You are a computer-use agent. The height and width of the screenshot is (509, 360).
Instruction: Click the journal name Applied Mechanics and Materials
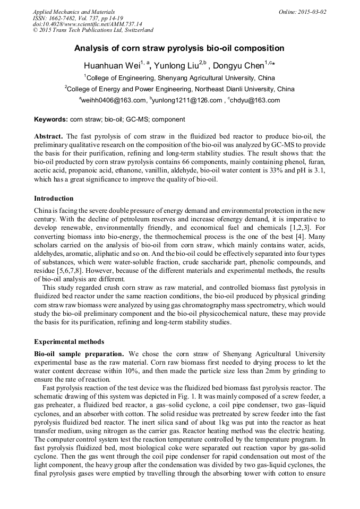tap(74, 12)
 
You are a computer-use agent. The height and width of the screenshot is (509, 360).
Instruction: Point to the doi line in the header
tap(88, 24)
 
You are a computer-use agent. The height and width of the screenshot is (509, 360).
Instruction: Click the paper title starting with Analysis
tap(179, 48)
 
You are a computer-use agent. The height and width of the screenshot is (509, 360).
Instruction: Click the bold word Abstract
tap(49, 136)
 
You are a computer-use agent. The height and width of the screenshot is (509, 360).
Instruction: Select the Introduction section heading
tap(54, 199)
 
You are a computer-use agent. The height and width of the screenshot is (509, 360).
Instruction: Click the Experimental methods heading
tap(69, 341)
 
